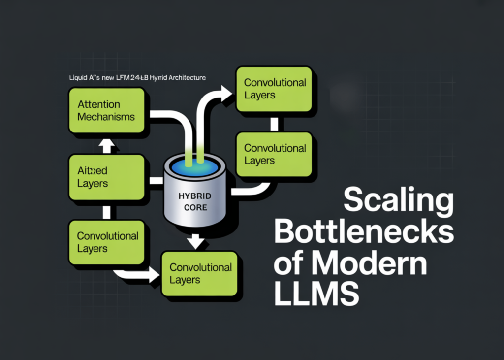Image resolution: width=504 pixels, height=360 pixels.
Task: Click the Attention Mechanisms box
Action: pos(106,111)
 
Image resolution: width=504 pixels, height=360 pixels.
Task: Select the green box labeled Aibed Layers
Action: pos(106,177)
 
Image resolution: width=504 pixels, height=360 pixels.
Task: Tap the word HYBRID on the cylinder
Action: pos(194,196)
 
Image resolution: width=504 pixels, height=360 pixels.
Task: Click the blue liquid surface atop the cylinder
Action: pos(194,165)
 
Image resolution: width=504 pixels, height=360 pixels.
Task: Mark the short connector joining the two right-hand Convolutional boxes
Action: pos(274,124)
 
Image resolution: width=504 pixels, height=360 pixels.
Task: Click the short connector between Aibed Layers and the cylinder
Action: pos(156,181)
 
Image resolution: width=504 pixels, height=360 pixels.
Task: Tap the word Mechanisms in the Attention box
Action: pos(106,117)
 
